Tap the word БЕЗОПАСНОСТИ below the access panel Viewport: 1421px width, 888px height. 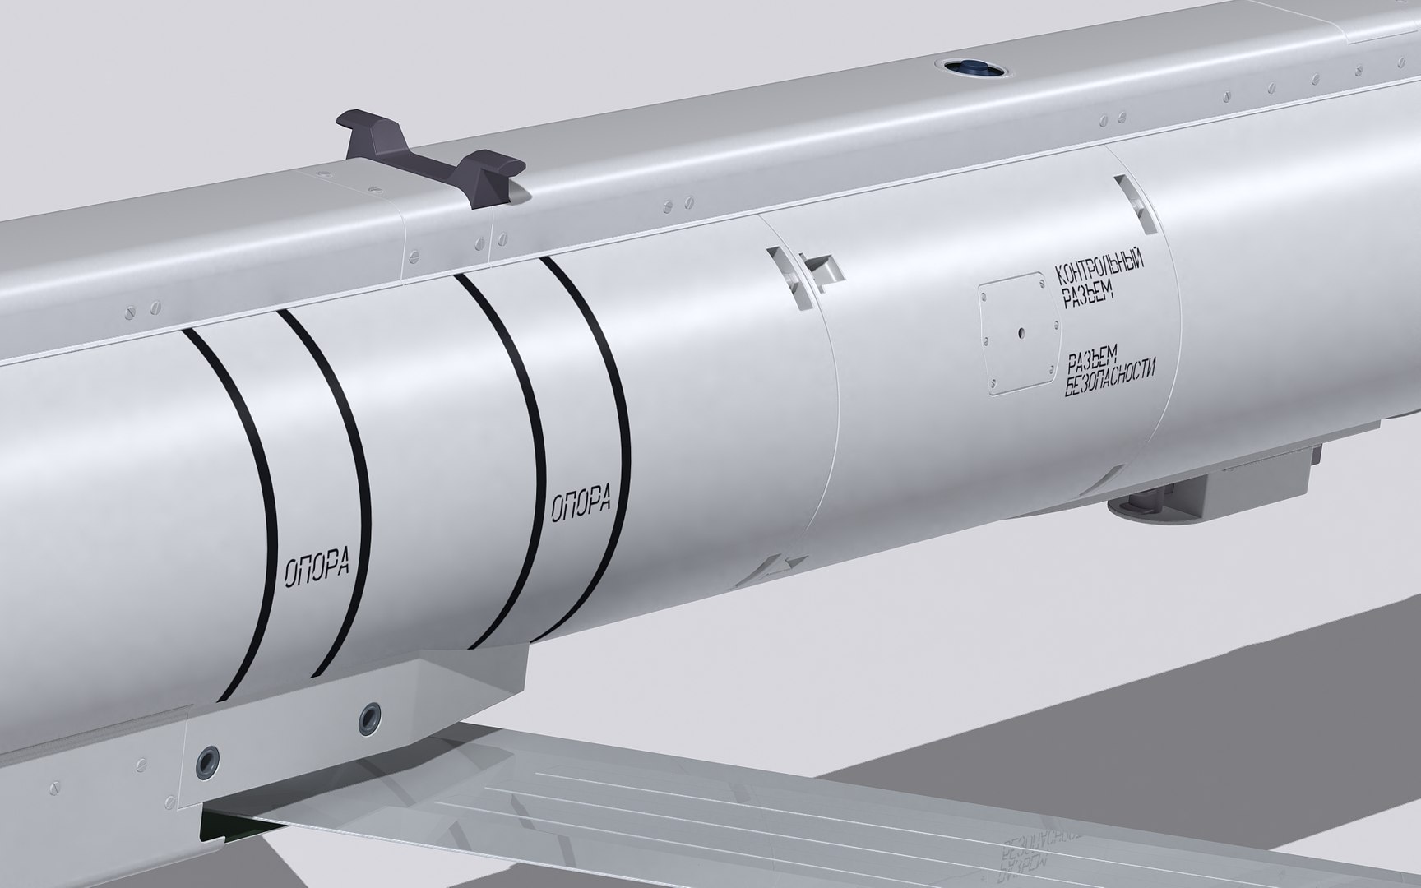point(1110,377)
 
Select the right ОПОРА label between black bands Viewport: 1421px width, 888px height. point(581,501)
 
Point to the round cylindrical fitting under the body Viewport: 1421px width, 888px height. point(1139,502)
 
